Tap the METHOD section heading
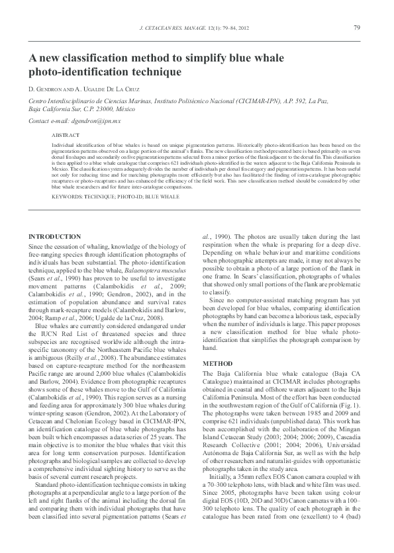pyautogui.click(x=218, y=364)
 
